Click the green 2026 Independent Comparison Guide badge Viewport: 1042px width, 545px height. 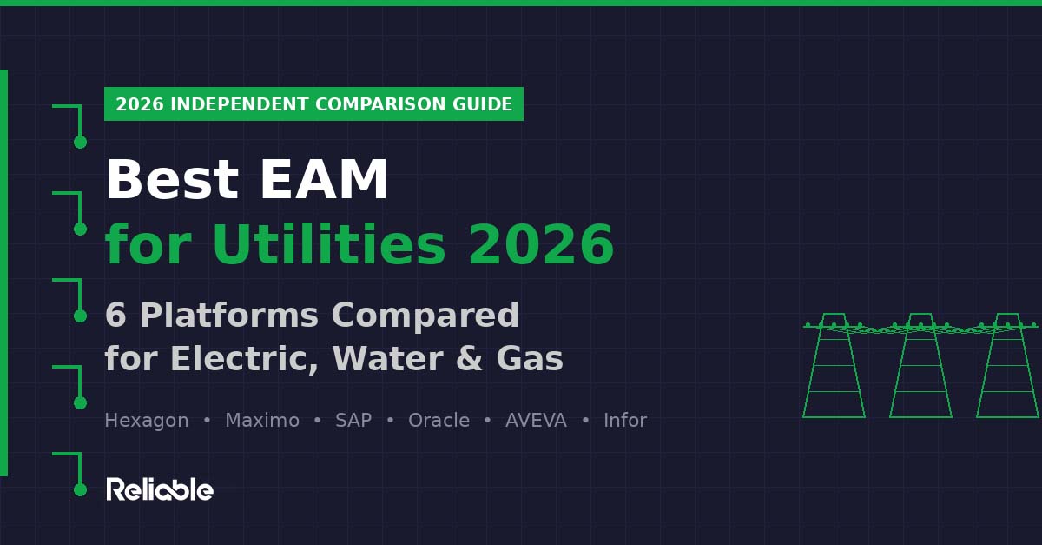point(313,104)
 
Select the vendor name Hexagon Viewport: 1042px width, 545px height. point(146,421)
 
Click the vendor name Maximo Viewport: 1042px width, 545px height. point(261,421)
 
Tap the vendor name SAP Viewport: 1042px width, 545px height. point(353,421)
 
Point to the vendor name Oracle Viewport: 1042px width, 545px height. point(439,421)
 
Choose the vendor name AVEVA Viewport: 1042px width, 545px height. point(536,421)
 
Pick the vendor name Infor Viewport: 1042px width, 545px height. point(625,421)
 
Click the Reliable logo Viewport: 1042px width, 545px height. point(160,489)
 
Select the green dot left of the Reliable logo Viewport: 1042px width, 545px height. point(80,489)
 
